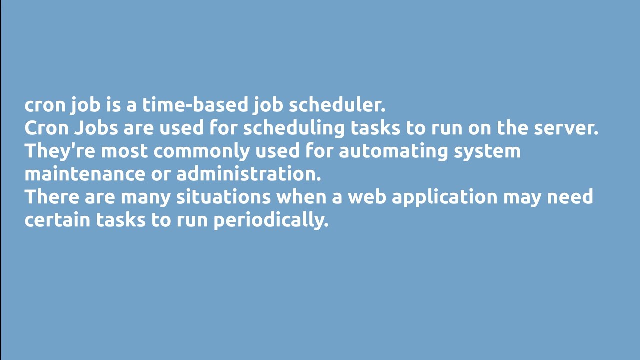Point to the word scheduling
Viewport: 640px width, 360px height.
coord(294,128)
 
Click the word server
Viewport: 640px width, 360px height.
coord(566,128)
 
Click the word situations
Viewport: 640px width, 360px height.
coord(223,197)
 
